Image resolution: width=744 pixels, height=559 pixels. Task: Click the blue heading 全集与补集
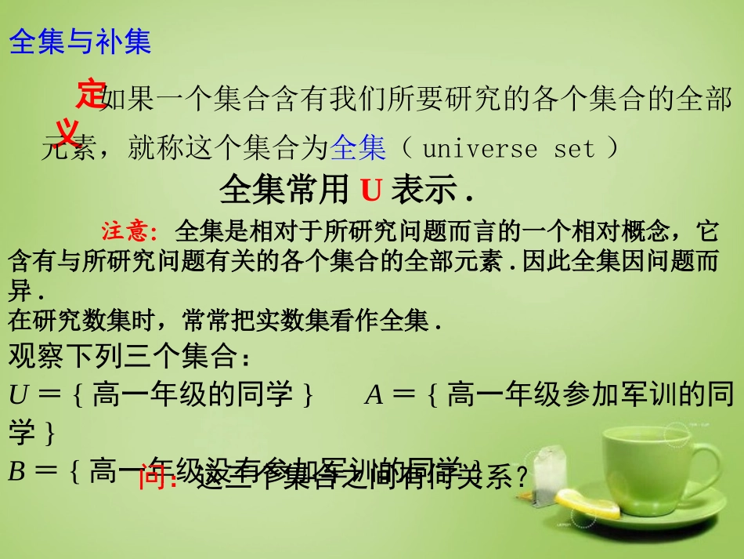pyautogui.click(x=80, y=42)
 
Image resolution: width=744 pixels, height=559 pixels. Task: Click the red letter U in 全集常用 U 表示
pyautogui.click(x=370, y=190)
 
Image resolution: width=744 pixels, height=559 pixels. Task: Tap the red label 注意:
pyautogui.click(x=130, y=232)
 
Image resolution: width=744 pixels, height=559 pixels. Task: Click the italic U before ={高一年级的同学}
pyautogui.click(x=17, y=394)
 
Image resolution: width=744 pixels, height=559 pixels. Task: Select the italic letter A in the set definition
pyautogui.click(x=374, y=395)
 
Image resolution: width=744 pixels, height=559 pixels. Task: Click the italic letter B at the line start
pyautogui.click(x=16, y=471)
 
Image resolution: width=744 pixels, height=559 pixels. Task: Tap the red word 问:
pyautogui.click(x=158, y=477)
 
